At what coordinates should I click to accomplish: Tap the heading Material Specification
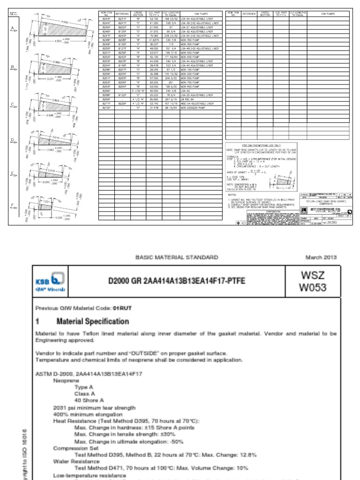(x=92, y=322)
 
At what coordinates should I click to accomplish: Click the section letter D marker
(x=13, y=139)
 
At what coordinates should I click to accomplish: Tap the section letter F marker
(x=13, y=205)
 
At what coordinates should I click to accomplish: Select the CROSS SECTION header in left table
(x=138, y=15)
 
